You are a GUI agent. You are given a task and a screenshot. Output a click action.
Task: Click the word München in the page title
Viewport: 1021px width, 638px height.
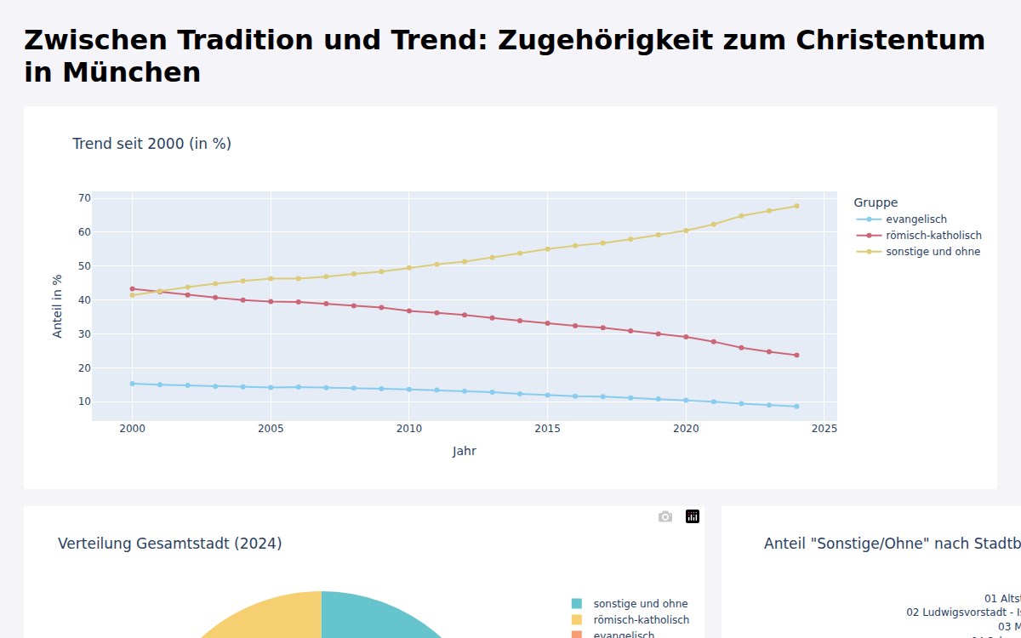[131, 72]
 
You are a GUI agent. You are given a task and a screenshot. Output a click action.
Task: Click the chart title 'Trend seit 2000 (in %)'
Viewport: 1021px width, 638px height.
[151, 144]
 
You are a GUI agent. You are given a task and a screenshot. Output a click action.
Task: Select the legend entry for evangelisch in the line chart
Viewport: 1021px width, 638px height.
[915, 219]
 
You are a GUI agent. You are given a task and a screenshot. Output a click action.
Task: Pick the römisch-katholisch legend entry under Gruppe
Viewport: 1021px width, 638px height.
[933, 236]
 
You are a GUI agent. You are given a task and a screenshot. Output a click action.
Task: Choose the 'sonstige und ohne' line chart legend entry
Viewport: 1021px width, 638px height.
[933, 252]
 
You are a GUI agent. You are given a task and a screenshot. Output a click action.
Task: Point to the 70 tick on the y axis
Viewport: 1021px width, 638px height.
[84, 198]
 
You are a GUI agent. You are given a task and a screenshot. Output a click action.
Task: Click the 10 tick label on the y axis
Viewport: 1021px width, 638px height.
[84, 402]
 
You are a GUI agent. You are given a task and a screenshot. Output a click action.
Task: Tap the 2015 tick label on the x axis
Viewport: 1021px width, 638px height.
[547, 430]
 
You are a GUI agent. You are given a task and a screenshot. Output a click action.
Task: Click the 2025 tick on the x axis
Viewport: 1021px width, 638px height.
[824, 430]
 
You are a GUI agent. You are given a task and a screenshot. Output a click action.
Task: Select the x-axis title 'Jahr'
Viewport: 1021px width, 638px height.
[465, 452]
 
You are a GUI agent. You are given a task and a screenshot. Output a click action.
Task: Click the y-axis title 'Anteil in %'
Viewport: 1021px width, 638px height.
[58, 306]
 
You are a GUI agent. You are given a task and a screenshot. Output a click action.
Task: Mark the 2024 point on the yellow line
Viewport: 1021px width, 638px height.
[796, 206]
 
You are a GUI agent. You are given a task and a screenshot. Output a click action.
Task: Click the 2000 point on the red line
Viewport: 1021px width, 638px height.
[132, 288]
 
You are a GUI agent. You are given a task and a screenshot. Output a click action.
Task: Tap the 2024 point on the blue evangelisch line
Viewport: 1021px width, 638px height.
[796, 407]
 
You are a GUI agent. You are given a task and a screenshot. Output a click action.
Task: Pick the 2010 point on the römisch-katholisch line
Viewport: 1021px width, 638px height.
[409, 311]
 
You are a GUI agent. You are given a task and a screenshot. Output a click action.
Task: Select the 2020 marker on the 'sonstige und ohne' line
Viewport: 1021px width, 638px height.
[686, 231]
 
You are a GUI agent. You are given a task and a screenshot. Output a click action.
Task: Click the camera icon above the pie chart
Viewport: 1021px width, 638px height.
[665, 516]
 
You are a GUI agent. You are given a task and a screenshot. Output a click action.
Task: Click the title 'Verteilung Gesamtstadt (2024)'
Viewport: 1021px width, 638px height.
[169, 544]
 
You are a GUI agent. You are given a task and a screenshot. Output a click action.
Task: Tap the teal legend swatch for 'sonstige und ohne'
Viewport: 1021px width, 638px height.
[577, 604]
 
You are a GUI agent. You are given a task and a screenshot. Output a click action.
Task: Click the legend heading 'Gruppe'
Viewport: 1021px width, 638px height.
[876, 202]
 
